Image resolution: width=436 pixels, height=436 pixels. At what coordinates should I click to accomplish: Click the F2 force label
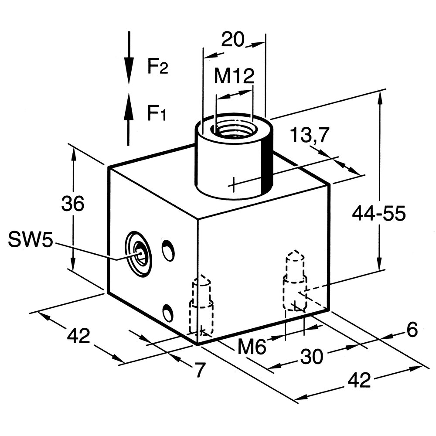(158, 67)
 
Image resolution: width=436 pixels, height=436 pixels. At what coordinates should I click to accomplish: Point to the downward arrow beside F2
(129, 58)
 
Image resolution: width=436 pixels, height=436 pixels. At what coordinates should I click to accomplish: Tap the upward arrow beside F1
(128, 119)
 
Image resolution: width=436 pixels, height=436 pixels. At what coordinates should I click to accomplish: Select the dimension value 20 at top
(232, 40)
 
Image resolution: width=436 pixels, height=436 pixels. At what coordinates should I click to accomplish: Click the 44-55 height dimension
(379, 214)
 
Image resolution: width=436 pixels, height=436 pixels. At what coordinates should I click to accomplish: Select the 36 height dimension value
(72, 203)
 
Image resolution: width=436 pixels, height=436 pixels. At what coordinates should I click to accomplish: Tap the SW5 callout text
(31, 240)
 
